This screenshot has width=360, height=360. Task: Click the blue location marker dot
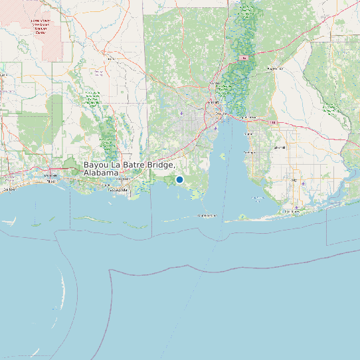(179, 179)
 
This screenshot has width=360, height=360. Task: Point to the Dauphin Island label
(208, 216)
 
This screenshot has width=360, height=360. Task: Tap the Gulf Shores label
(292, 211)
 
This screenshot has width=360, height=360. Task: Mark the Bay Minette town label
(274, 68)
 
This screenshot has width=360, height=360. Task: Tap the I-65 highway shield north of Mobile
(244, 58)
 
